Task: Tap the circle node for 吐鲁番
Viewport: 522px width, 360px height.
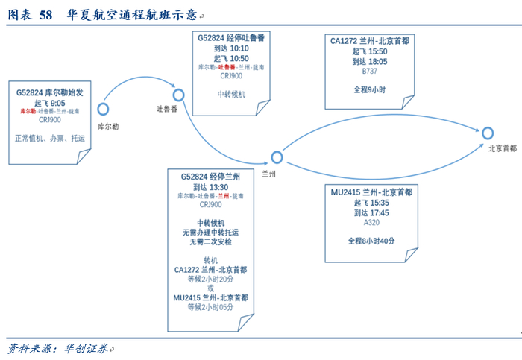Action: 178,95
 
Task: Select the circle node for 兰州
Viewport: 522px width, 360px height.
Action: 277,157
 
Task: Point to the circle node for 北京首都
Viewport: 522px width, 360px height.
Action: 488,133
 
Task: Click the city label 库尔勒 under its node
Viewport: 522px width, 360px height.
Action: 108,127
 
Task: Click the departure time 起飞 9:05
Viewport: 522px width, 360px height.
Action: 49,103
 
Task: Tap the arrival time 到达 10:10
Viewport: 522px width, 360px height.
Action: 230,48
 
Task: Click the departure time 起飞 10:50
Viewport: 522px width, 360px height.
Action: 230,58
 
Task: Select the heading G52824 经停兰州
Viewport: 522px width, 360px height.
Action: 210,177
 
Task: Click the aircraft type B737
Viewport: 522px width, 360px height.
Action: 370,72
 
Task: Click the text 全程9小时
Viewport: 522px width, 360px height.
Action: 370,89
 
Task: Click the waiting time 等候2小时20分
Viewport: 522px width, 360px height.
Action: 210,278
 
